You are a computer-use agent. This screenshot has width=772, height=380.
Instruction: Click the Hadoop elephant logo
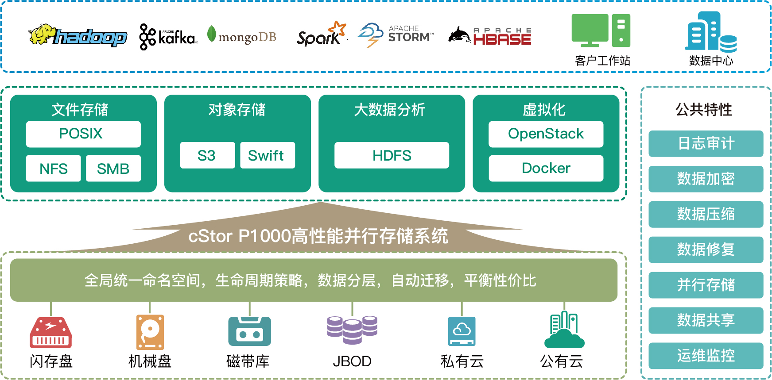[78, 35]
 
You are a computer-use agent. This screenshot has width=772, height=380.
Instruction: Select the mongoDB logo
[242, 36]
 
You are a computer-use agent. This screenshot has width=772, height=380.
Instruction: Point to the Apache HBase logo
[490, 35]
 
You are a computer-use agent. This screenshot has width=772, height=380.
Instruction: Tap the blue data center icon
[710, 31]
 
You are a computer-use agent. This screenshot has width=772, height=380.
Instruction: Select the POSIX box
[83, 134]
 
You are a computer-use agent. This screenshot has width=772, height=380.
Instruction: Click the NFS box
[54, 169]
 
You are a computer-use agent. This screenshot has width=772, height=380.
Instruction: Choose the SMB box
[113, 169]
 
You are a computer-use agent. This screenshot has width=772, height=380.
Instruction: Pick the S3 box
[207, 155]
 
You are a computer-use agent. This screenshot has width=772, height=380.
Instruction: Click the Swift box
[268, 155]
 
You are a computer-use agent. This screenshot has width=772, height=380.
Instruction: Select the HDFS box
[392, 155]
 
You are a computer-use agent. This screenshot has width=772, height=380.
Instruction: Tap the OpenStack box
[546, 134]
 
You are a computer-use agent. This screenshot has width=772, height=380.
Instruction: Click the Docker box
[546, 168]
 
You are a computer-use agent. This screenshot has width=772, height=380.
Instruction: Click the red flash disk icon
[50, 332]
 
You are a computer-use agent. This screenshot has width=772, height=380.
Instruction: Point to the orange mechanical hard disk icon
[150, 332]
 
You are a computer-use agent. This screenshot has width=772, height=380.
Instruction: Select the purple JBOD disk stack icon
[352, 330]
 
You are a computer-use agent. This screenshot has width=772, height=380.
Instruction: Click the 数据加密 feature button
[706, 179]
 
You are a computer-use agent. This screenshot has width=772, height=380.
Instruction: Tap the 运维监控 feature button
[706, 356]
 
